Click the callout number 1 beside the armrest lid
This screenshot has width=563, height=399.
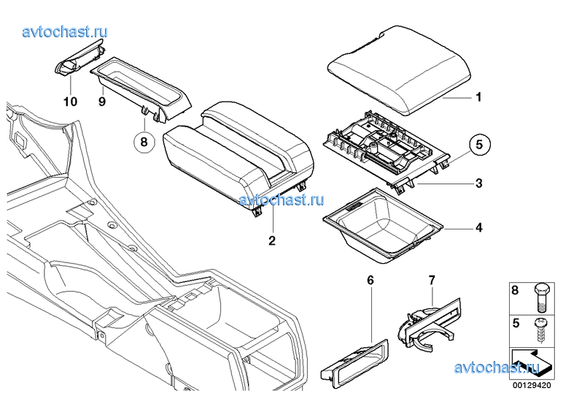[x=478, y=97]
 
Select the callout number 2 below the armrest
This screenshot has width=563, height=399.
[x=272, y=240]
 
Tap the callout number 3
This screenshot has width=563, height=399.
[x=479, y=183]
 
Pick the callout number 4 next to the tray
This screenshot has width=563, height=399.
[x=479, y=228]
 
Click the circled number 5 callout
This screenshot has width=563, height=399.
[x=479, y=145]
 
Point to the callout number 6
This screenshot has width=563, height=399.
[x=370, y=280]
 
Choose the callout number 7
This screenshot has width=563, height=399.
[x=432, y=280]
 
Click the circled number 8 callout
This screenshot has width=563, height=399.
[x=144, y=142]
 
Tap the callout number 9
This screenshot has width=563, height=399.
[x=102, y=102]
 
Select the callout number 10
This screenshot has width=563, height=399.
[x=70, y=102]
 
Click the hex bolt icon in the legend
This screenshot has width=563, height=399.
[x=541, y=297]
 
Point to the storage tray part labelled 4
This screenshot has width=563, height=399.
[x=383, y=226]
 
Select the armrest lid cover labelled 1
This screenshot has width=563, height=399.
[x=399, y=70]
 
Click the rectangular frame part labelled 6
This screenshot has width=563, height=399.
[x=354, y=364]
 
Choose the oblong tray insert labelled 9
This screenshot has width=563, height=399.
[x=140, y=88]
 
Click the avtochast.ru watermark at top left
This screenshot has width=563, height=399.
[x=65, y=31]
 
